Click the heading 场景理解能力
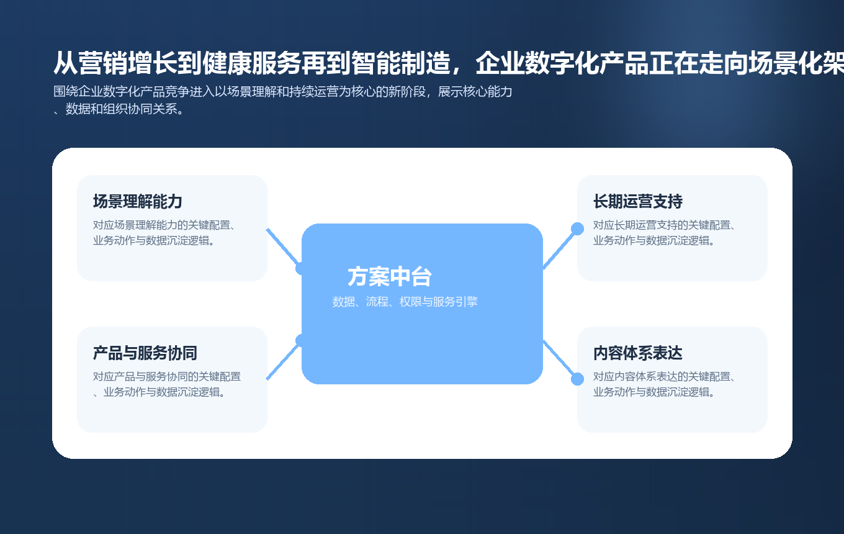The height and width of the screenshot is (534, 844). [138, 202]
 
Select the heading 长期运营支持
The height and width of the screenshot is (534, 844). [638, 202]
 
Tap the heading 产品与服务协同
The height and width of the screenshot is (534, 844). [145, 353]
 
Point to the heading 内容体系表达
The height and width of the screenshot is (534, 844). [638, 353]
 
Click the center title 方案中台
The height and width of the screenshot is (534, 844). [390, 277]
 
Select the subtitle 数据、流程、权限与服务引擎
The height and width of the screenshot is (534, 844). [405, 302]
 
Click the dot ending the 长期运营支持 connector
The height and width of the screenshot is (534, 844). [577, 229]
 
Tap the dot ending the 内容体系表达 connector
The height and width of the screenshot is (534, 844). [577, 379]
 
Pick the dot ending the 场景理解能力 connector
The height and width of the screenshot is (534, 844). [302, 268]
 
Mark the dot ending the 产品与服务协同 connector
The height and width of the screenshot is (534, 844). [302, 340]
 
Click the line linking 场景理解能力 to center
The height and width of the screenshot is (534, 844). [283, 248]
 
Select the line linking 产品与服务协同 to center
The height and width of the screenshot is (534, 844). [283, 360]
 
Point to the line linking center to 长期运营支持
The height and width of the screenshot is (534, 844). [560, 248]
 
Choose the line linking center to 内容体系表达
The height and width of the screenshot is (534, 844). [560, 360]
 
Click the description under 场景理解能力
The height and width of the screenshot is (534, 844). [164, 233]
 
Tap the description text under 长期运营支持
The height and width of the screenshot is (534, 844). [664, 233]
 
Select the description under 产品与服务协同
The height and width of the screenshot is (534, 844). [166, 384]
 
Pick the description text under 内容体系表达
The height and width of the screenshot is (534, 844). [664, 384]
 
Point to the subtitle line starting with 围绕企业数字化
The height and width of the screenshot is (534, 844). [282, 93]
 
